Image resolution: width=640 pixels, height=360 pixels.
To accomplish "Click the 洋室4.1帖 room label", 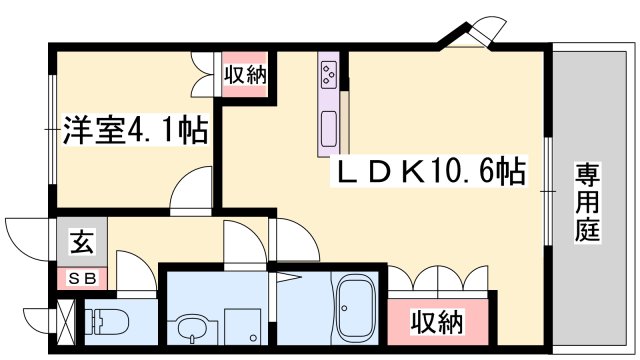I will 135,131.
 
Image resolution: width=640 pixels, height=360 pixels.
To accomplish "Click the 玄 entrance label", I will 80,241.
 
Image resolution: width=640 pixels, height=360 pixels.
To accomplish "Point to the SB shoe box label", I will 81,279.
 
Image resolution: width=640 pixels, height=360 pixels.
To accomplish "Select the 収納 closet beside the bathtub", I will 438,321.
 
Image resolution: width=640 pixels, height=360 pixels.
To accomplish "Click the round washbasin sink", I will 191,326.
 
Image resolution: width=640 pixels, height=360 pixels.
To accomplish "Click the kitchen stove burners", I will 329,73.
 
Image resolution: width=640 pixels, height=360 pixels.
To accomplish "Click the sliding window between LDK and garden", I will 548,189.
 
